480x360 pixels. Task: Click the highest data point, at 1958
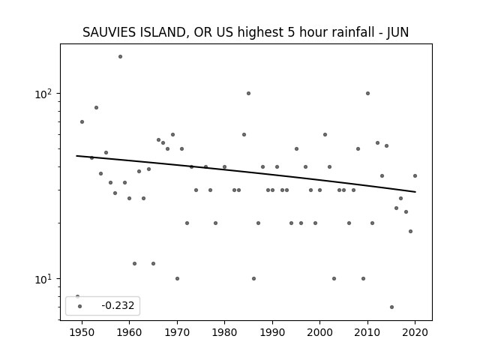click(x=120, y=57)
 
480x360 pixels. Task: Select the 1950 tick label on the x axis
click(x=82, y=332)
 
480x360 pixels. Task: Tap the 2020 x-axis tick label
click(x=415, y=332)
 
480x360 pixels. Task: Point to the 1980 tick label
click(x=224, y=332)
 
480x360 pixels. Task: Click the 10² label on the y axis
click(x=43, y=94)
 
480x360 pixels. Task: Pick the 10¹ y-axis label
click(x=43, y=279)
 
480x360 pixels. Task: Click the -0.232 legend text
click(x=118, y=305)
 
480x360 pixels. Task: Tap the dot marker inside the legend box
click(x=80, y=307)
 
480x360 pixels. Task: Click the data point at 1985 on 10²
click(x=248, y=93)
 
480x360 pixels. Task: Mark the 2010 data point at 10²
click(x=367, y=93)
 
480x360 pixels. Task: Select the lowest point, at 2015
click(x=391, y=307)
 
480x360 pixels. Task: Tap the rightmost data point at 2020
click(x=415, y=175)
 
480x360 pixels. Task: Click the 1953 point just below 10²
click(x=96, y=107)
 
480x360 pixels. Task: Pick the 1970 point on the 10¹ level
click(x=177, y=278)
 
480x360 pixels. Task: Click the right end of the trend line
click(x=415, y=192)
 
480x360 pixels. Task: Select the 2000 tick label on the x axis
click(x=320, y=332)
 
